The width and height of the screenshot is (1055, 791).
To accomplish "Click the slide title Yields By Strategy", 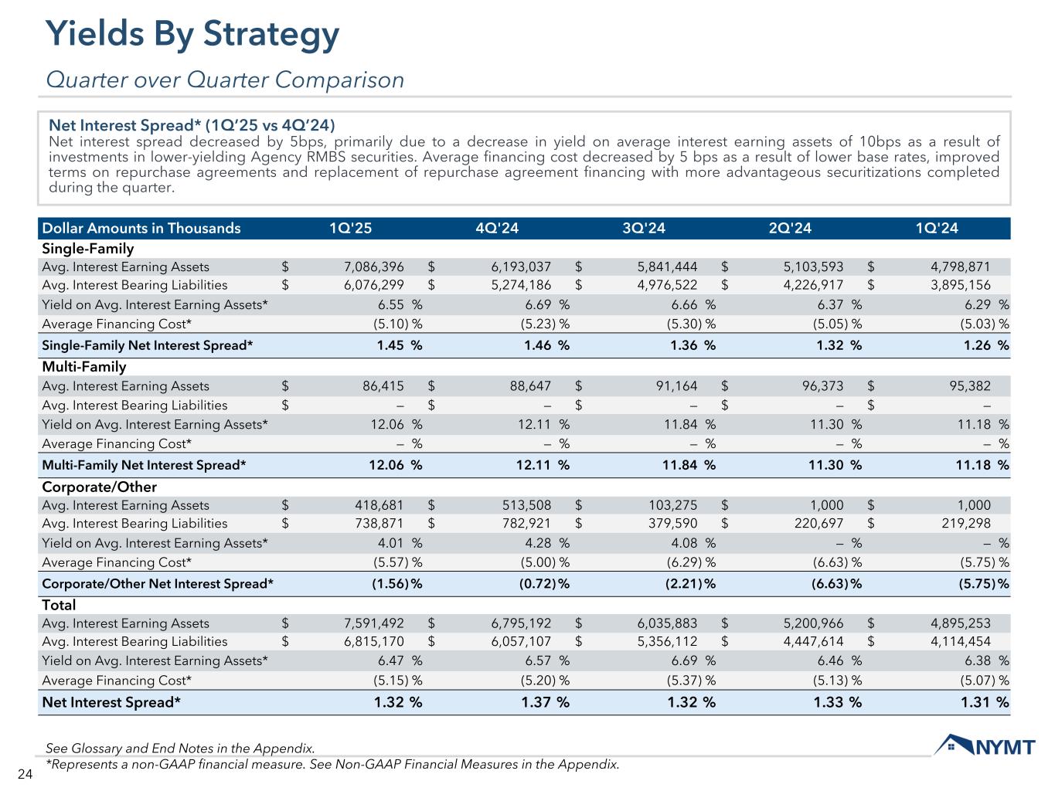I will click(x=192, y=35).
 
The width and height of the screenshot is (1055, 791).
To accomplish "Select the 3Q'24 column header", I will click(x=643, y=228).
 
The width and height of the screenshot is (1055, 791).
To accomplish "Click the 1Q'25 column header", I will click(x=351, y=228).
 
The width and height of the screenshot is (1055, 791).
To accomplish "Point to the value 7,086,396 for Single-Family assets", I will click(x=373, y=267).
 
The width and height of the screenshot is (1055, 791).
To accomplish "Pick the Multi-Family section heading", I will click(x=83, y=367).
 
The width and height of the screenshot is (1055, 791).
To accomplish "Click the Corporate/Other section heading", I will click(x=99, y=487).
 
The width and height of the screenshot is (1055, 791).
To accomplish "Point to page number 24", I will click(x=23, y=774).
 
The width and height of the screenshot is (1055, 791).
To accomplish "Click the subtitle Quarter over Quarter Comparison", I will click(x=225, y=80).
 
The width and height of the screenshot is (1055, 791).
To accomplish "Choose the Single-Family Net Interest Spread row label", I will click(x=147, y=345).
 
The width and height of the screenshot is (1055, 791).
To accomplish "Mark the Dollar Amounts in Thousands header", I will click(x=141, y=228).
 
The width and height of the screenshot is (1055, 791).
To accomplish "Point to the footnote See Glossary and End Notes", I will click(x=180, y=749).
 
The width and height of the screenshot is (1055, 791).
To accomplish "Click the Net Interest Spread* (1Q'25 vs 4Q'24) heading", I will click(x=192, y=125).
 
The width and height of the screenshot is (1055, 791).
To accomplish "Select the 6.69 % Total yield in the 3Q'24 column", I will click(x=689, y=660).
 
